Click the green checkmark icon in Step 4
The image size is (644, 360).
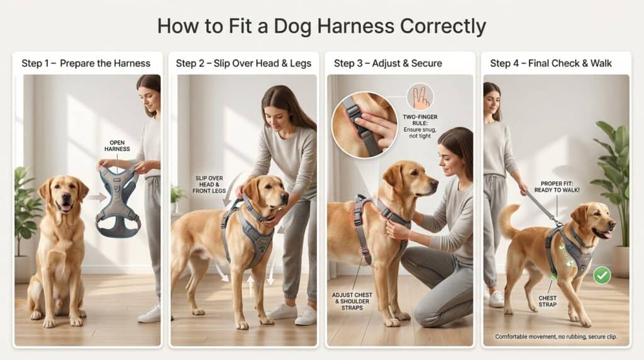point(602,275)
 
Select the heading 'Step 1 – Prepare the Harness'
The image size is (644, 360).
point(86,63)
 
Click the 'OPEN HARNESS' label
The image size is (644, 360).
point(119,146)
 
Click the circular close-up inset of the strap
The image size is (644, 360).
point(364,124)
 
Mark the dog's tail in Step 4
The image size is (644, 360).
point(509,220)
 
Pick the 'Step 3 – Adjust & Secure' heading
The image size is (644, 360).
point(387,63)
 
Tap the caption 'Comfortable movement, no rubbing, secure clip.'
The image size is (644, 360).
point(556,337)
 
